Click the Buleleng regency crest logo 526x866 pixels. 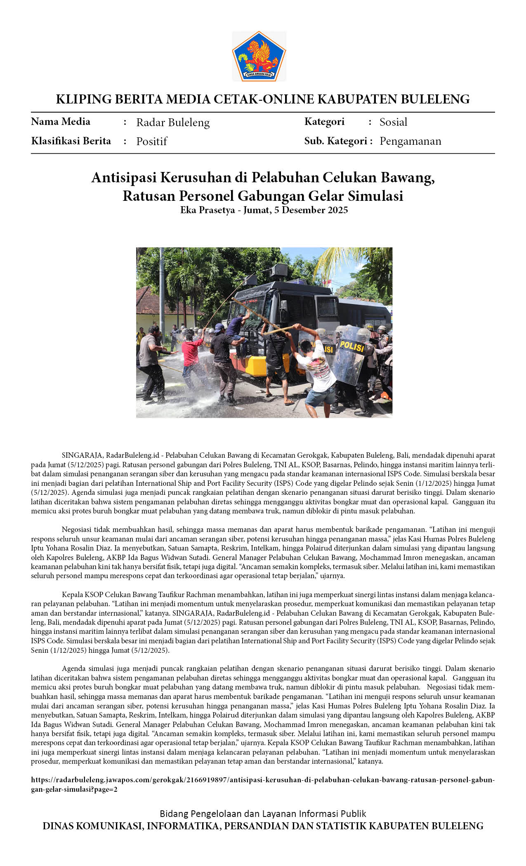(259, 56)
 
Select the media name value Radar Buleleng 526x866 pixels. (173, 122)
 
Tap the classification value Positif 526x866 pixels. (151, 141)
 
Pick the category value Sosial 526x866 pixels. (393, 122)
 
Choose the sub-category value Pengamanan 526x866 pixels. (410, 141)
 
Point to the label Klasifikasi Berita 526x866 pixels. (71, 141)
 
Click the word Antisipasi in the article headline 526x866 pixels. (124, 178)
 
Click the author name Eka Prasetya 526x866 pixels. (207, 210)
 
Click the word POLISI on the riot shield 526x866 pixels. (352, 346)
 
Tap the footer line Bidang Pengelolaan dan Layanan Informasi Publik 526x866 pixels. (263, 814)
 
